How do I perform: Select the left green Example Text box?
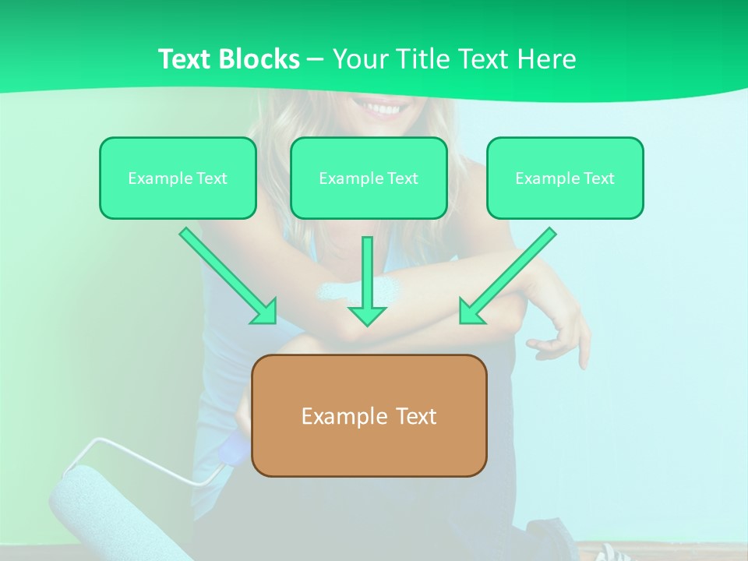pos(178,178)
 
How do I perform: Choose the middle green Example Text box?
pos(369,178)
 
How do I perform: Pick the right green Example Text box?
pos(565,178)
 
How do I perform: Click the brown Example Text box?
pos(369,415)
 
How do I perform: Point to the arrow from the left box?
pos(226,274)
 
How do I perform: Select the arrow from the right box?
pos(510,274)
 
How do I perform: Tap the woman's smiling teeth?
pos(382,108)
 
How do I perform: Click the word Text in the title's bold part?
pos(184,59)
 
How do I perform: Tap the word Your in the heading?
pos(358,59)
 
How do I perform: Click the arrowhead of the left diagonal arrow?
pos(264,311)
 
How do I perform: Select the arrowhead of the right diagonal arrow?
pos(471,311)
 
